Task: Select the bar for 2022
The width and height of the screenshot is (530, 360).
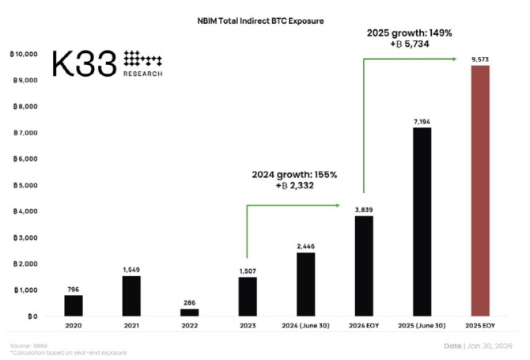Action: pos(189,312)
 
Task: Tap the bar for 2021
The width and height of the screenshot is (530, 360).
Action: pos(132,295)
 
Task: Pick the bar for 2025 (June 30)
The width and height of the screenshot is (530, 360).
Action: pos(422,222)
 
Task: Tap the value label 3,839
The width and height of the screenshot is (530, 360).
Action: pos(364,209)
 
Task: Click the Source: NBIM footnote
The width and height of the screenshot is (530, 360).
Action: pos(30,346)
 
